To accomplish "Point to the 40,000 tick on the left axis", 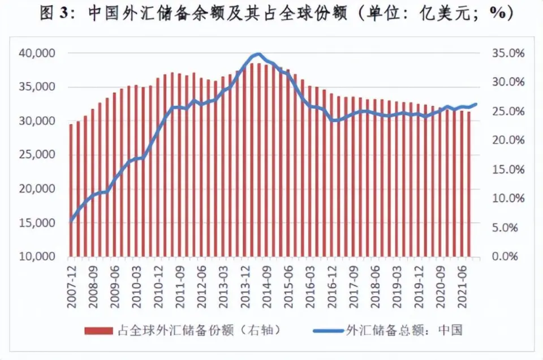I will point(38,53).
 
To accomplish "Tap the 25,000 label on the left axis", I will point(38,155).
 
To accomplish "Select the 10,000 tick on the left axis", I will point(38,256).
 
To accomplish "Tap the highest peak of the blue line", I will point(258,54).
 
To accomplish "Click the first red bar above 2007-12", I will point(71,190).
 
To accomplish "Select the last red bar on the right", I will point(469,184).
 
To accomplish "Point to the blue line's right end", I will point(476,104).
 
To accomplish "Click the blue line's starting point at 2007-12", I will point(71,221).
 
